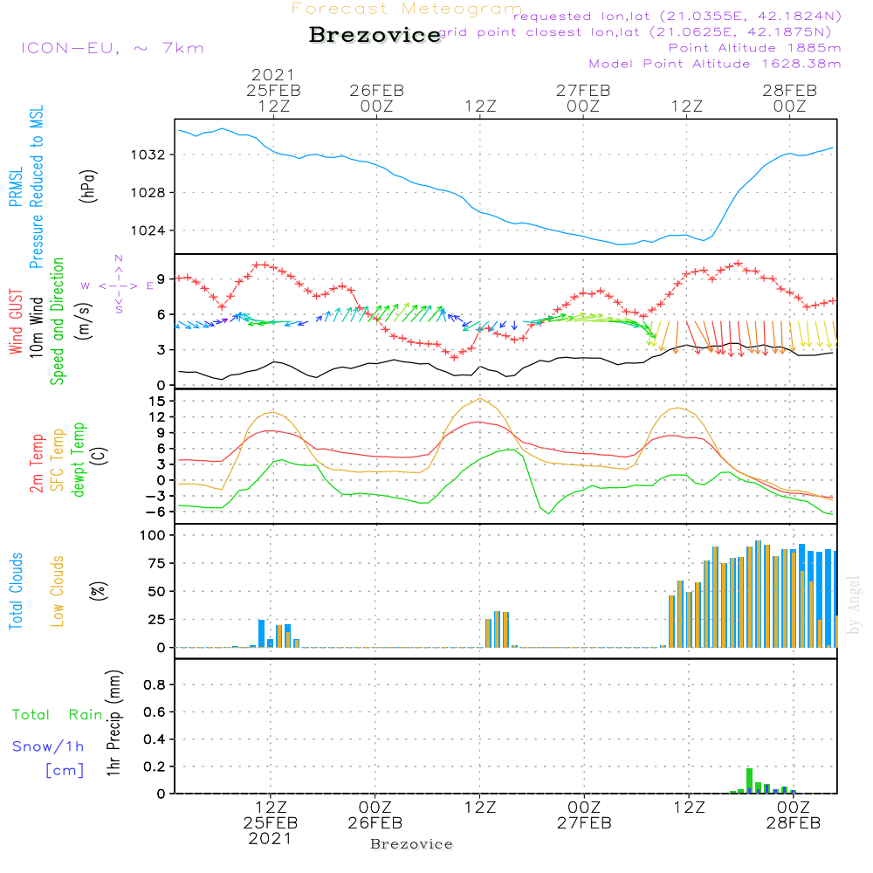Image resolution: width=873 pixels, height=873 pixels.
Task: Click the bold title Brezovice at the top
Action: [x=375, y=36]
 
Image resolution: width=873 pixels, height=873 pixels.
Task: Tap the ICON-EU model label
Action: [x=111, y=48]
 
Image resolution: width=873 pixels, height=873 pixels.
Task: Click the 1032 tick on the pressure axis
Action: [x=151, y=155]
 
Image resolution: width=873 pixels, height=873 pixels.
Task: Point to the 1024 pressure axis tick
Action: [x=151, y=230]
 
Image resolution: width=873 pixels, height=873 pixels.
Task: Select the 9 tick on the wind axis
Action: [x=162, y=279]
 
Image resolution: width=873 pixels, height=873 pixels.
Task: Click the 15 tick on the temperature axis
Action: [x=157, y=402]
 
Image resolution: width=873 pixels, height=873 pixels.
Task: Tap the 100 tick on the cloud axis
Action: [x=153, y=534]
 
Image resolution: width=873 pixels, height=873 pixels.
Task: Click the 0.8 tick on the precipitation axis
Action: [x=154, y=685]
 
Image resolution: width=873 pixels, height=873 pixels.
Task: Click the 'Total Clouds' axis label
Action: [x=17, y=591]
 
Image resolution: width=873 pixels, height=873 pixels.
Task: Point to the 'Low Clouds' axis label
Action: [x=58, y=591]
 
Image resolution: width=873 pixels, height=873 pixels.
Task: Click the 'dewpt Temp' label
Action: [x=79, y=460]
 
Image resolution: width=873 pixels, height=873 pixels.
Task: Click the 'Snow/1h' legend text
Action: [x=48, y=747]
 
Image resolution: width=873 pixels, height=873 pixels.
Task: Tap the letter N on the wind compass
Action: [x=119, y=258]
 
